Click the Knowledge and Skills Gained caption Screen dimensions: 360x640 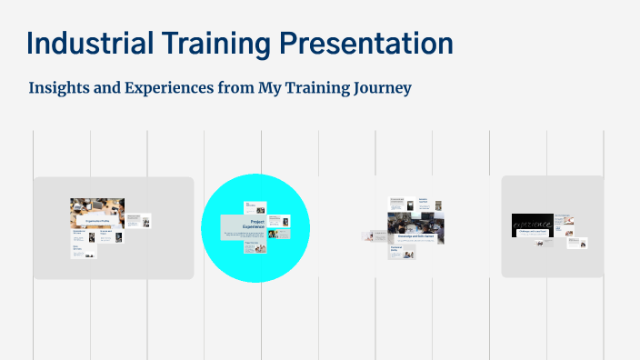[415, 235]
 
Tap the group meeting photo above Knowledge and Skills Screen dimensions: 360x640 [415, 222]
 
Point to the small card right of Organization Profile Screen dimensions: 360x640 [138, 221]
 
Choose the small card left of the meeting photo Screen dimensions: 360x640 [373, 236]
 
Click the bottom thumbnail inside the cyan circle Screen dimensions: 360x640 [255, 246]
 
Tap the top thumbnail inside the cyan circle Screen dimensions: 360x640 [255, 208]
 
